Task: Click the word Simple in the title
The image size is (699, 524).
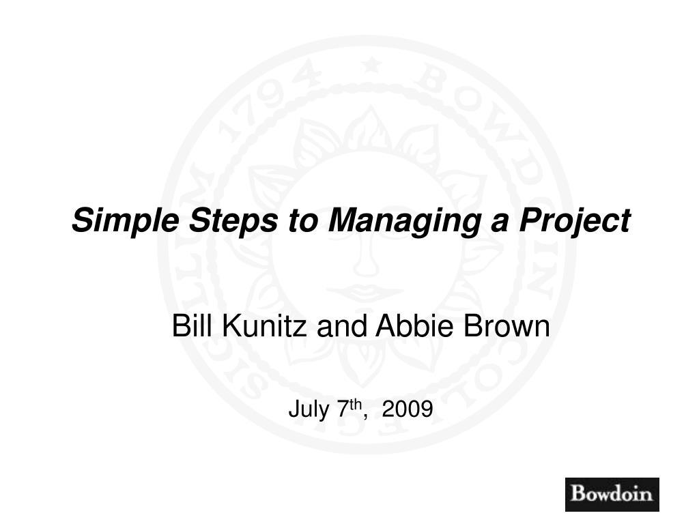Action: [x=126, y=220]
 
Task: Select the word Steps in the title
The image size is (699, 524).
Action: [x=233, y=220]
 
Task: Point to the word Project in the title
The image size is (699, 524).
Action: [x=575, y=220]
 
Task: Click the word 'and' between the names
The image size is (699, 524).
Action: [x=342, y=325]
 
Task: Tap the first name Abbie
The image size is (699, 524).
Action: [x=414, y=325]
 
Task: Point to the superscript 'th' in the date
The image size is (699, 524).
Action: [x=355, y=404]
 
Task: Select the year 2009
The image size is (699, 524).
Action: [x=408, y=409]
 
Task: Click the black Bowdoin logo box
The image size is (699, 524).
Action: [x=612, y=494]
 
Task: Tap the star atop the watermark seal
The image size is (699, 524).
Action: [x=371, y=67]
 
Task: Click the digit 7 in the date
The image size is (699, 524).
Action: [x=343, y=409]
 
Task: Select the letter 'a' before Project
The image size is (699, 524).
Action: [x=500, y=222]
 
